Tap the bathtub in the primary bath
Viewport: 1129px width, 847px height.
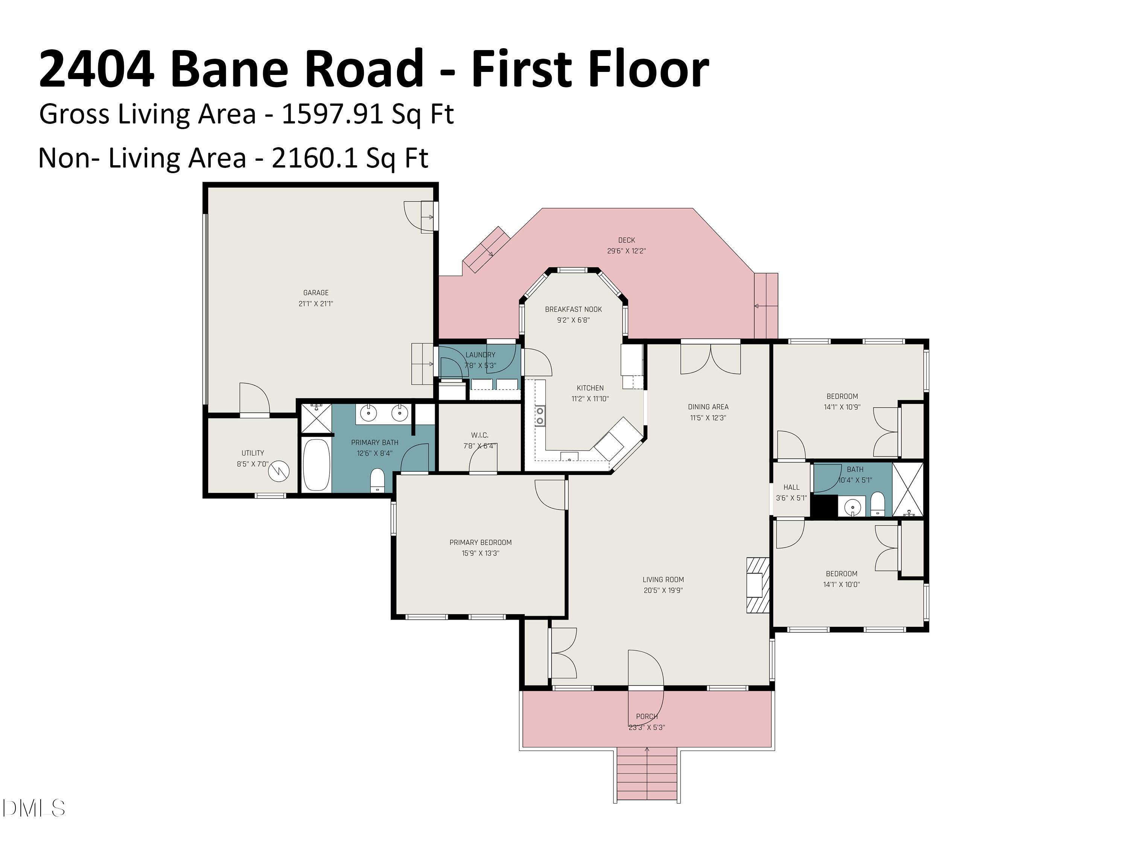tap(316, 465)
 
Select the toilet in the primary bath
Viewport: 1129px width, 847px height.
tap(377, 480)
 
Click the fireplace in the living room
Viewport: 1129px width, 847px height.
tap(758, 585)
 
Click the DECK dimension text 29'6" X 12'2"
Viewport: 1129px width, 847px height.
tap(626, 251)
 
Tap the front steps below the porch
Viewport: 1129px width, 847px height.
tap(647, 774)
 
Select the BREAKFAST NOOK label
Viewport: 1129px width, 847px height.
tap(573, 309)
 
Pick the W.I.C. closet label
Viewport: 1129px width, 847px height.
tap(479, 435)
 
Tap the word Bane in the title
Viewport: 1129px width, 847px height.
tap(229, 69)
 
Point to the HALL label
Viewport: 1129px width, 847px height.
tap(791, 487)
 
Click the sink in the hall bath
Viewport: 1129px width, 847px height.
tap(852, 507)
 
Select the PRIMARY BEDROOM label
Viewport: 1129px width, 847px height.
tap(480, 542)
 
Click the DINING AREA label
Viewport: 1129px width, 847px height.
tap(708, 407)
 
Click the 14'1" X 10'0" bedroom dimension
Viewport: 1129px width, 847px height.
tap(841, 585)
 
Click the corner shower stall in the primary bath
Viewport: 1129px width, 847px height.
tap(316, 418)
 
